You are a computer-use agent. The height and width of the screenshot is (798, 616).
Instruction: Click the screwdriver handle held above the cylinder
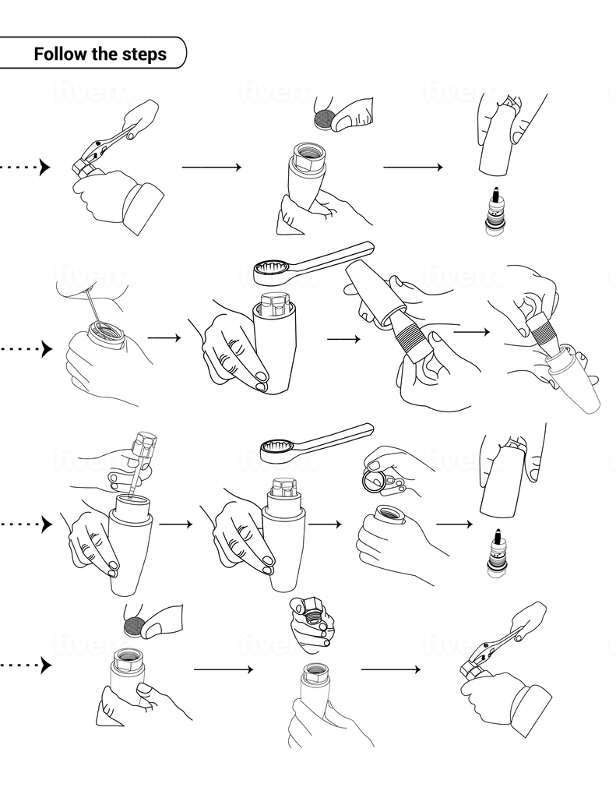pyautogui.click(x=145, y=445)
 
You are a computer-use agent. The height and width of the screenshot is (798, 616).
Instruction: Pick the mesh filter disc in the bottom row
pyautogui.click(x=135, y=625)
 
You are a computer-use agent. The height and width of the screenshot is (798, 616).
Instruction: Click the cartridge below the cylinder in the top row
pyautogui.click(x=492, y=210)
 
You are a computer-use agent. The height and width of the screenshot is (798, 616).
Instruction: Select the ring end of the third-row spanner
pyautogui.click(x=278, y=450)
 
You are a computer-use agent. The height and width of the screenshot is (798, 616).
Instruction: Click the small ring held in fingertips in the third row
pyautogui.click(x=375, y=482)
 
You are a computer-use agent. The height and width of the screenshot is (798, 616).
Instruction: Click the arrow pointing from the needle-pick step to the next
pyautogui.click(x=164, y=337)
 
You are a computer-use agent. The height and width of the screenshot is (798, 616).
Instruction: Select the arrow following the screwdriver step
pyautogui.click(x=175, y=524)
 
